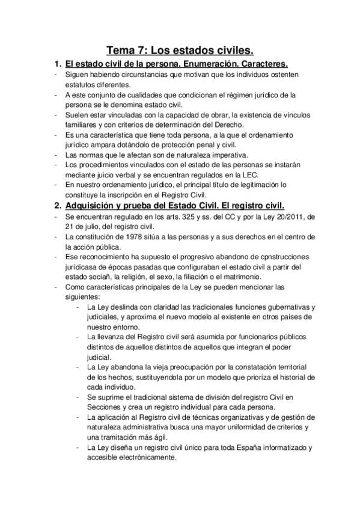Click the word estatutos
81,85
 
